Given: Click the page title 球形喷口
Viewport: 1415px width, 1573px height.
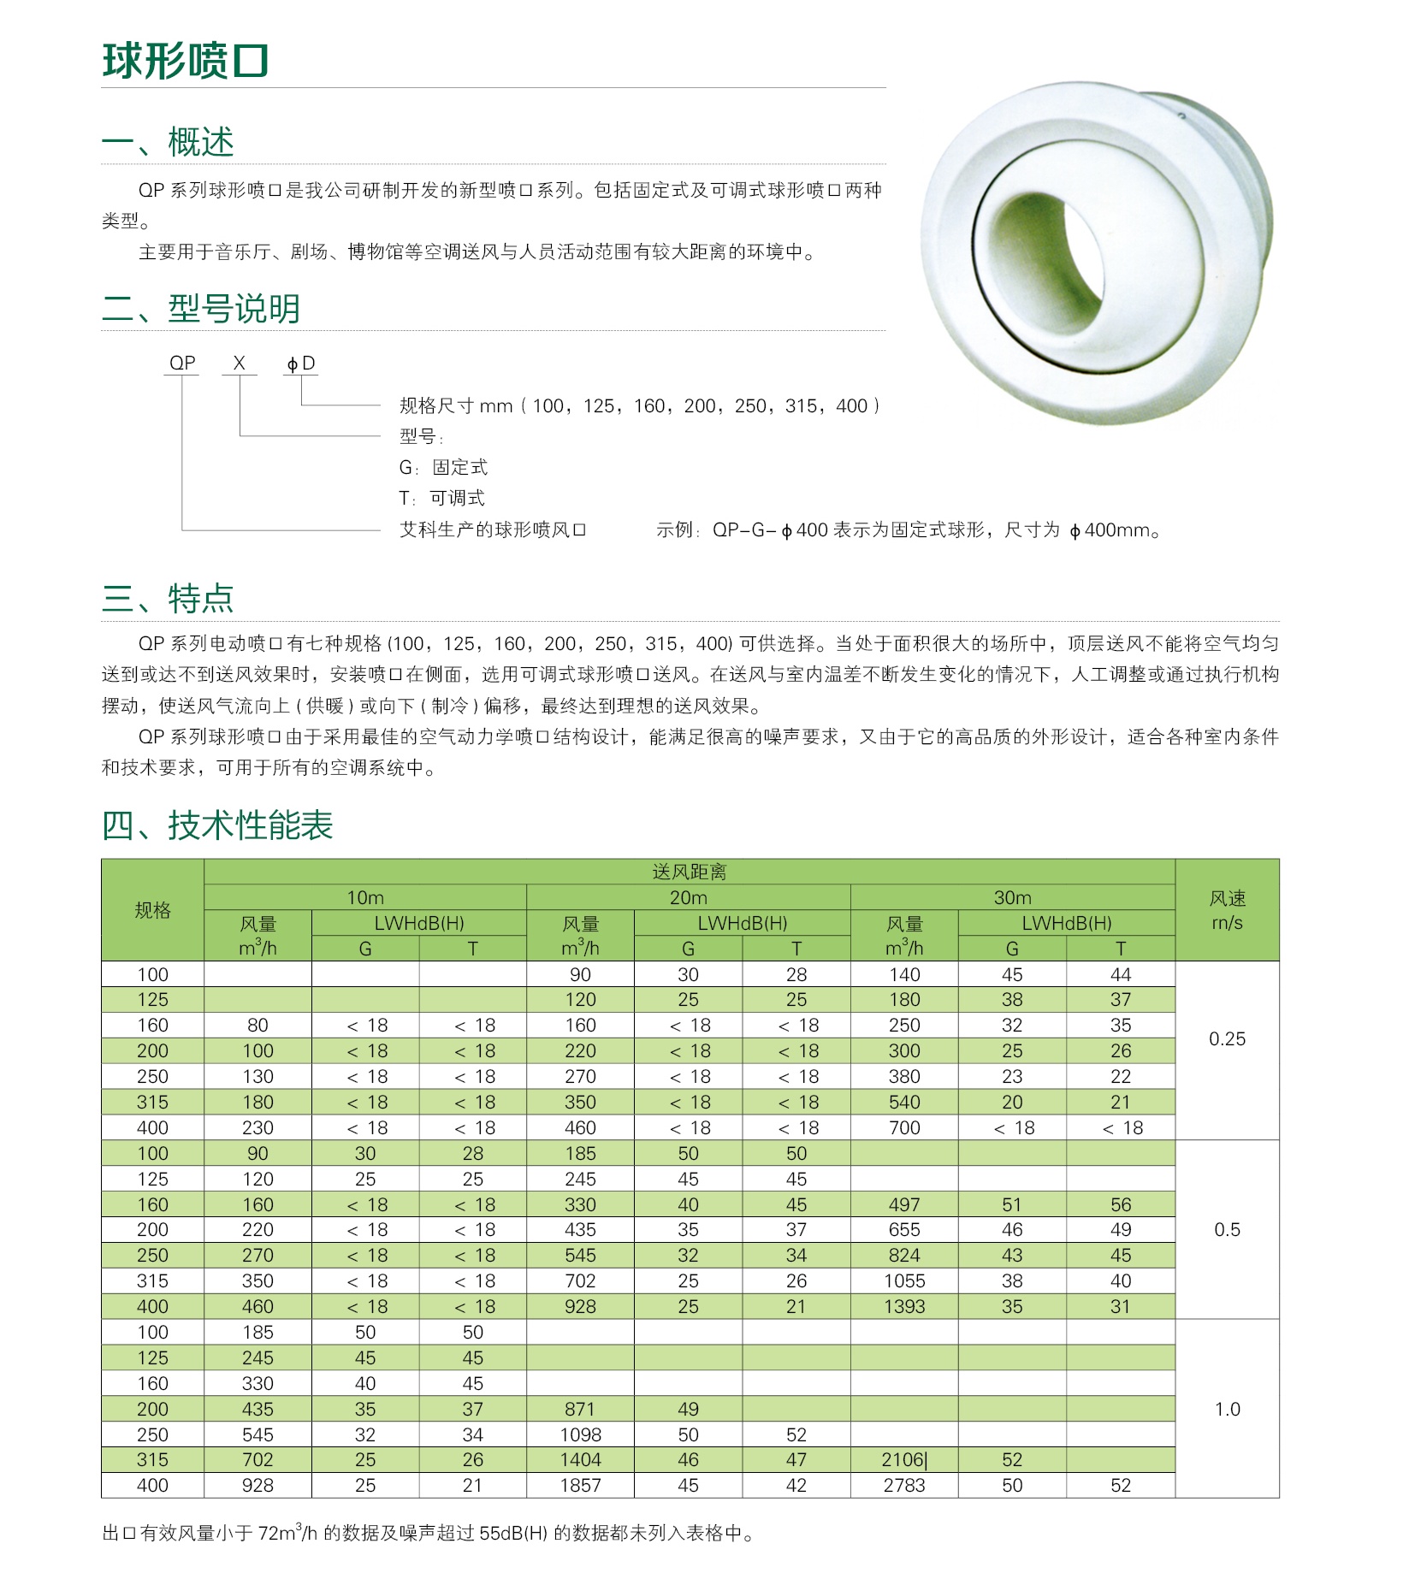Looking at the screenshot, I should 186,61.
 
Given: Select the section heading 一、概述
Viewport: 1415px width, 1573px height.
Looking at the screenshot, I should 168,142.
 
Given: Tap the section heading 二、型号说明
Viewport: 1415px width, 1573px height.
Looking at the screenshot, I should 201,309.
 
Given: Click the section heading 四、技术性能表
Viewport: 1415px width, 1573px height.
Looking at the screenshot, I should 217,825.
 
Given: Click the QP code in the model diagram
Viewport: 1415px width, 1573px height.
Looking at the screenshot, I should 182,363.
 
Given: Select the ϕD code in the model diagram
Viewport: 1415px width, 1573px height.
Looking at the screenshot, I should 301,364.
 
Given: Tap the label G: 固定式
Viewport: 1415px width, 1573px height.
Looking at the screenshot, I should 443,467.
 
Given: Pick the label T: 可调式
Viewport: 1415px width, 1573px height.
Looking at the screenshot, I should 442,498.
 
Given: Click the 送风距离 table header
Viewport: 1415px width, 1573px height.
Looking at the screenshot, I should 689,872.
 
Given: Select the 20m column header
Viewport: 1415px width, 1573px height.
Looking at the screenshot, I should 688,897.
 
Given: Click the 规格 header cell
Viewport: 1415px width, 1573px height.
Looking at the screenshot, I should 152,910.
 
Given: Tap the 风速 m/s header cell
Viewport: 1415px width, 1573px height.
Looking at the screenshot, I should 1227,910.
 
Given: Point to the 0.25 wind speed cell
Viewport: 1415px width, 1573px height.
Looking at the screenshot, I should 1227,1039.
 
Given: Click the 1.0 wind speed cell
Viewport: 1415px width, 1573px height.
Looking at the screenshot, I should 1227,1409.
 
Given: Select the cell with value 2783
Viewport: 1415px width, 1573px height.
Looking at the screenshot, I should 904,1486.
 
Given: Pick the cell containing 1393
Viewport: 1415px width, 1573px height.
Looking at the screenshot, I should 904,1306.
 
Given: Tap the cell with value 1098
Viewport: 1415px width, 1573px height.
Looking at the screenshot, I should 580,1434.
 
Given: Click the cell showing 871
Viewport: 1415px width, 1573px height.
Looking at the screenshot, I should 580,1409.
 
